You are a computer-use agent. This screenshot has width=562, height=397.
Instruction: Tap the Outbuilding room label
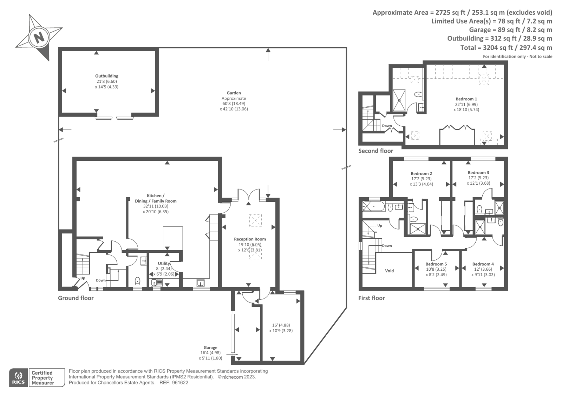(x=106, y=76)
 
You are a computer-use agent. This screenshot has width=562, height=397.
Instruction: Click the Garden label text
(x=234, y=93)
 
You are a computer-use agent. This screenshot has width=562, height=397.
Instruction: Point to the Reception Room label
(x=250, y=239)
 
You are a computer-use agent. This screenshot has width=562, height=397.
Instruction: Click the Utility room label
(x=164, y=263)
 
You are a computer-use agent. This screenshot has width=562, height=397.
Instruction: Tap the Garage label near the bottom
(x=210, y=348)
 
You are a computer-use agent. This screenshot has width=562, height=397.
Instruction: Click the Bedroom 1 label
(x=466, y=99)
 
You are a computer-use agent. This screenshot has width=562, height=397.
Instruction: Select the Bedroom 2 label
(x=421, y=173)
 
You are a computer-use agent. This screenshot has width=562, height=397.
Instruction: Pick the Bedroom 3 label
(x=478, y=173)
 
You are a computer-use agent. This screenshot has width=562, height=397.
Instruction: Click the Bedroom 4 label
(x=483, y=264)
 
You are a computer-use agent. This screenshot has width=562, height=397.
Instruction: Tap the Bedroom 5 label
(x=436, y=264)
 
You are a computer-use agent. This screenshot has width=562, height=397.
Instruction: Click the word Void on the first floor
(x=389, y=271)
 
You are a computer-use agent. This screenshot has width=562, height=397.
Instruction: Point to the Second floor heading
(x=375, y=151)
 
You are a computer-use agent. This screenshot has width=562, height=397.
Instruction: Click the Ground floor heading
(x=76, y=298)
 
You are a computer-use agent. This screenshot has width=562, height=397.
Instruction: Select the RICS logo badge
(x=18, y=378)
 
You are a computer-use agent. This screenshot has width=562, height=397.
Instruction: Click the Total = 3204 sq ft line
(x=506, y=47)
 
